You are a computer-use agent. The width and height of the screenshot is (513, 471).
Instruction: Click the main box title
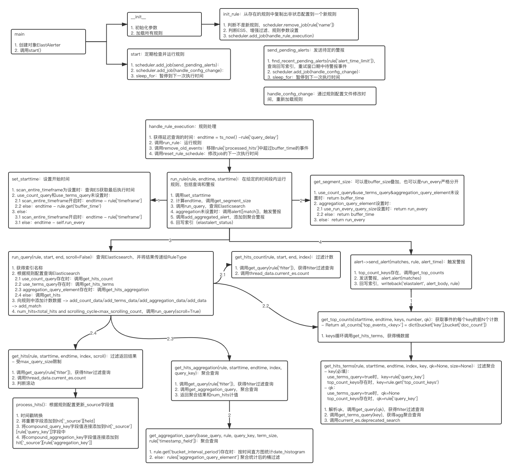pyautogui.click(x=19, y=34)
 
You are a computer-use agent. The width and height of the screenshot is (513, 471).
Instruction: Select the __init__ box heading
pyautogui.click(x=138, y=17)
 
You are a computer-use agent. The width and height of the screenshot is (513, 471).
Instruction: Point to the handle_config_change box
pyautogui.click(x=320, y=96)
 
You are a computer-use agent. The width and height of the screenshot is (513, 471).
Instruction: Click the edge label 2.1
pyautogui.click(x=223, y=275)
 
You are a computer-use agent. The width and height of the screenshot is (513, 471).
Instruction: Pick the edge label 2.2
pyautogui.click(x=266, y=306)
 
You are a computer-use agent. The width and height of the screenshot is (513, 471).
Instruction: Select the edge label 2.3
pyautogui.click(x=170, y=339)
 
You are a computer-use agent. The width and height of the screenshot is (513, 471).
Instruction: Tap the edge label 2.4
pyautogui.click(x=93, y=333)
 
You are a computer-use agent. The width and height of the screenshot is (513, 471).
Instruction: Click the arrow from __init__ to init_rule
pyautogui.click(x=211, y=24)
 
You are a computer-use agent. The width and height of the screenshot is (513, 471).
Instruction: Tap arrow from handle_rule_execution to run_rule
pyautogui.click(x=229, y=166)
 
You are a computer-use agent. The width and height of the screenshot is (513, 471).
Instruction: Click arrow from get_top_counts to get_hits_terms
pyautogui.click(x=411, y=351)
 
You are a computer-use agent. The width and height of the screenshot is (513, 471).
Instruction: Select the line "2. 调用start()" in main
pyautogui.click(x=28, y=51)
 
